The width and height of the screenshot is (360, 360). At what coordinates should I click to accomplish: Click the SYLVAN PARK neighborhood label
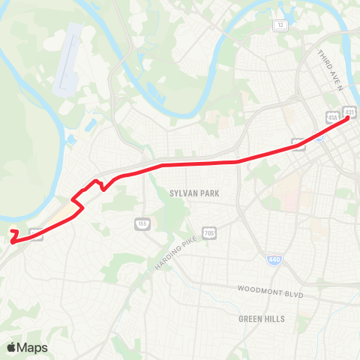point(194,193)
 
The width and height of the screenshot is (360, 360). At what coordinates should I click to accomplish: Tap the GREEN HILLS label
point(262,319)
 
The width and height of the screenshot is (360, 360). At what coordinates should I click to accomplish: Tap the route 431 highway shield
point(349,112)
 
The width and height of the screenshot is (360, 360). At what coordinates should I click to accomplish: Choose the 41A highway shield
point(332,117)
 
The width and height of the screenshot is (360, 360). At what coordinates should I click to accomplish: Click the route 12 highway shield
point(280,25)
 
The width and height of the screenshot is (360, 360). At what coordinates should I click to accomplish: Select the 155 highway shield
point(142,223)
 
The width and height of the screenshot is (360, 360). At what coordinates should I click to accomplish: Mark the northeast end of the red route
point(348,121)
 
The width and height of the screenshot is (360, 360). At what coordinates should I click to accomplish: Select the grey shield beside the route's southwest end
point(37,234)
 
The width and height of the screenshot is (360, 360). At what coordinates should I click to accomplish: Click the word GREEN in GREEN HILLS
point(250,319)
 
